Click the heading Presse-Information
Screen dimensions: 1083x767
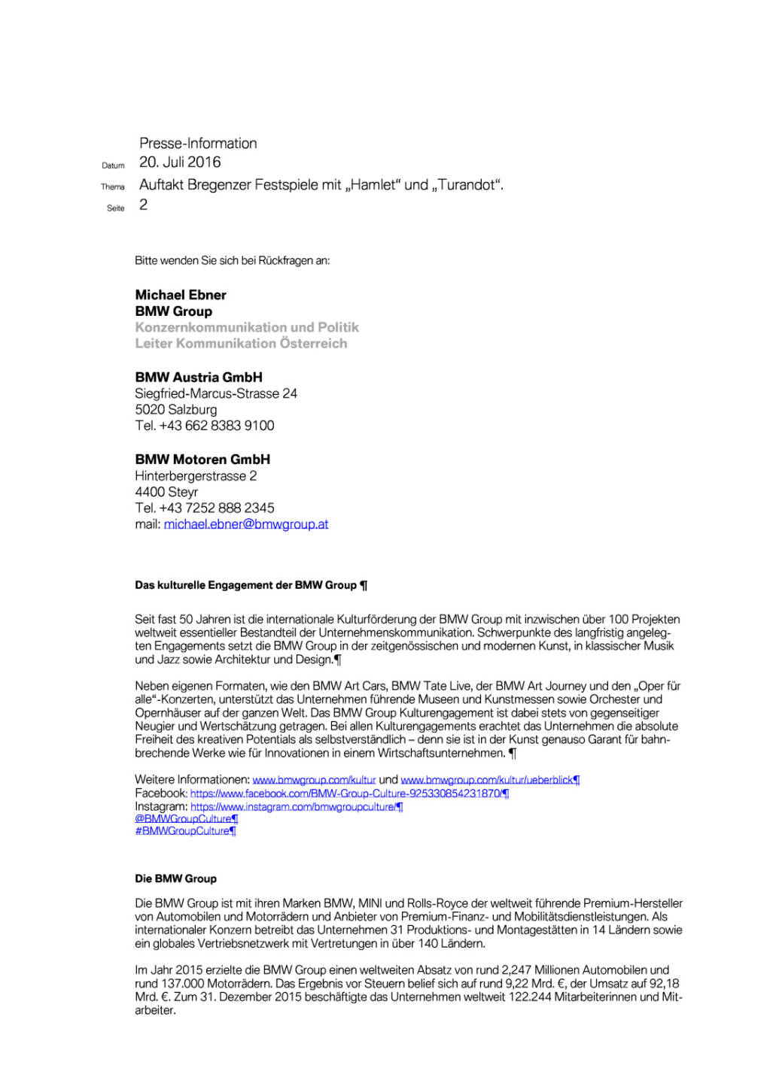[198, 144]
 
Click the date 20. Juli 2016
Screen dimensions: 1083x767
[180, 162]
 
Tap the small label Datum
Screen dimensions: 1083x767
[113, 165]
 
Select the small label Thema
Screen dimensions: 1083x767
[113, 187]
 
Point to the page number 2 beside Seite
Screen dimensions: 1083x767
[143, 205]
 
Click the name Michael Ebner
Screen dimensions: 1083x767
[181, 295]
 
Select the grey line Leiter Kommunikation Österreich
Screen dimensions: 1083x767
[241, 344]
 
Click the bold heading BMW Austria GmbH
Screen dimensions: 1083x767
[199, 378]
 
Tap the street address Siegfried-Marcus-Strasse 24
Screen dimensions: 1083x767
[216, 393]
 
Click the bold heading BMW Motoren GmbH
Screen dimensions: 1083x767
[202, 460]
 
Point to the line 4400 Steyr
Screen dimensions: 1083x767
[166, 492]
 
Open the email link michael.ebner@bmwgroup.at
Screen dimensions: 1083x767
[246, 524]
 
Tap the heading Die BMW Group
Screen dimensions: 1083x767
[175, 878]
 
